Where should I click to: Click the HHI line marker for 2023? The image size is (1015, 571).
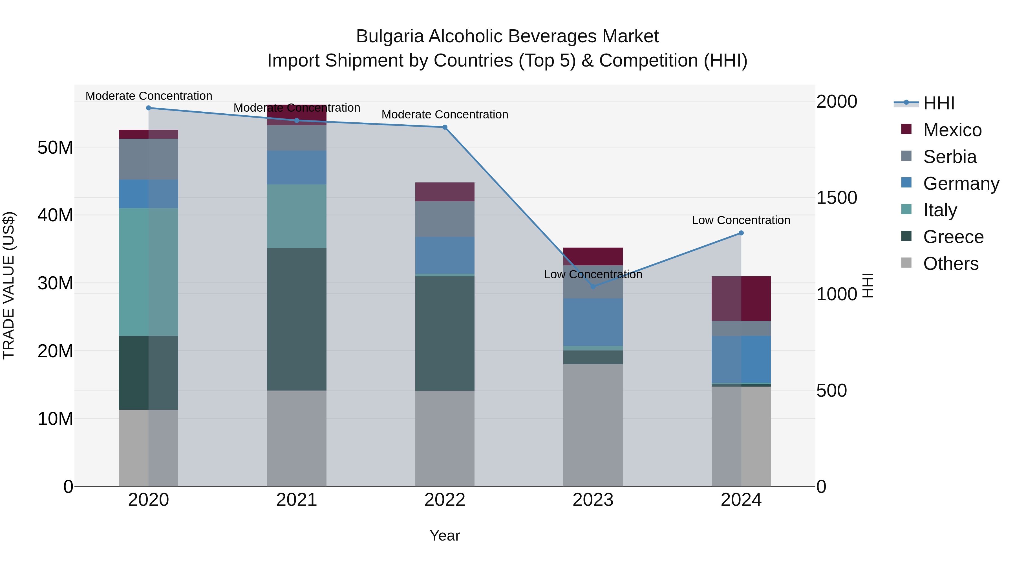(593, 286)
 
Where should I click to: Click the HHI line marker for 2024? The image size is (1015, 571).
(741, 233)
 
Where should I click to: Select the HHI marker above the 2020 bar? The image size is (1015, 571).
(149, 108)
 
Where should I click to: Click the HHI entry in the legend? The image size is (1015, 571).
(939, 103)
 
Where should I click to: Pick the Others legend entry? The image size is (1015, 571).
(950, 264)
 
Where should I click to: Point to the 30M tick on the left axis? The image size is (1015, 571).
(55, 283)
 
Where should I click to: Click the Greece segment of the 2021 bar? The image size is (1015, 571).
(297, 319)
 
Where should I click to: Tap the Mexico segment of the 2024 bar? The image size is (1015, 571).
(741, 299)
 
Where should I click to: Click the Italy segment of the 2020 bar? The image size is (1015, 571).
(149, 272)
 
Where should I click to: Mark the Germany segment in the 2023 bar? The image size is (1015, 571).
(593, 322)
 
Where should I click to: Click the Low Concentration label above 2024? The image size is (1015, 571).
(741, 220)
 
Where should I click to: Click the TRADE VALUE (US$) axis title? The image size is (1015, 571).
(9, 285)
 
